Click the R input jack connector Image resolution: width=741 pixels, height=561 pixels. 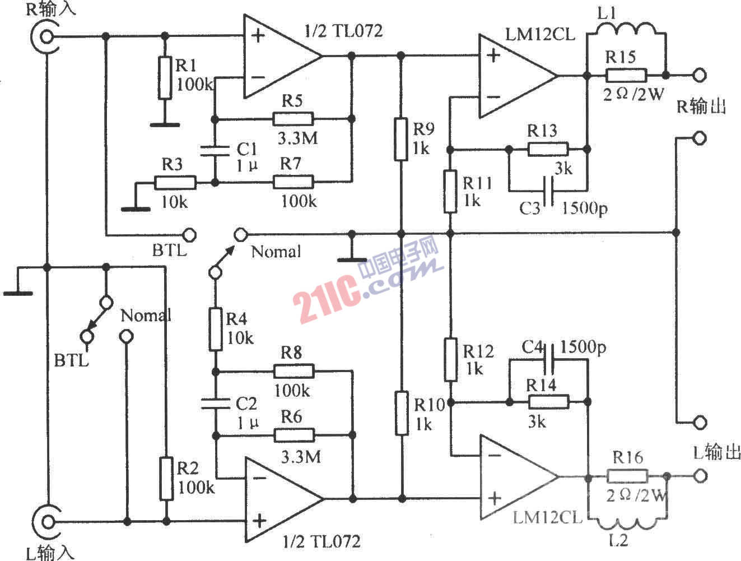tap(45, 37)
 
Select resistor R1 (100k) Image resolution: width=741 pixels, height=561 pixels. tap(164, 78)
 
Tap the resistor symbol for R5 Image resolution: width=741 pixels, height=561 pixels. tap(293, 119)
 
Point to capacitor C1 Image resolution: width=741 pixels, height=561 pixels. tap(216, 150)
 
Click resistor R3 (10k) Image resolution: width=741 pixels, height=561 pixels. tap(175, 183)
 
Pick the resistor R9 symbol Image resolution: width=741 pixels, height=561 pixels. tap(400, 138)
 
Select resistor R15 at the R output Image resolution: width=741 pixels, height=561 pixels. tap(626, 75)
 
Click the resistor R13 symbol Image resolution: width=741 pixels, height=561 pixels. tap(548, 150)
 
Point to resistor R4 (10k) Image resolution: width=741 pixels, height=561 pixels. tap(216, 329)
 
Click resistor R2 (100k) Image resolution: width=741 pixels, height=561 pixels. tap(166, 478)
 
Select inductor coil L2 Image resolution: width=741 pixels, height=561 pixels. tap(627, 523)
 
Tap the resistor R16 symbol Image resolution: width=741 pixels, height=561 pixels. tap(627, 477)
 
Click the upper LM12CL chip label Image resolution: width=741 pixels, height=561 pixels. tap(540, 34)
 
